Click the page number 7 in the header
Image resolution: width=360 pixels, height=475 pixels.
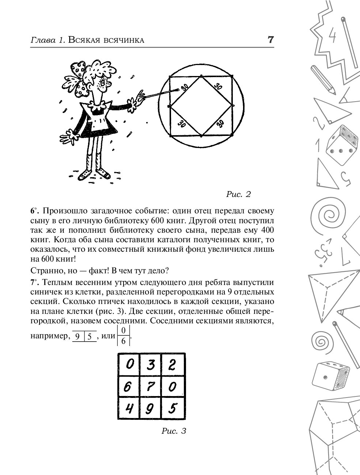tap(270, 40)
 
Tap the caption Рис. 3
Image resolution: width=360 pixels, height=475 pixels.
tap(174, 431)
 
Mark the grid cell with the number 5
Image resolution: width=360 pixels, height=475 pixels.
tap(173, 408)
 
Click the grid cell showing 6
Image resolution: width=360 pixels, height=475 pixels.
tap(128, 387)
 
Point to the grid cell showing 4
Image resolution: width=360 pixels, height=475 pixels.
tap(128, 408)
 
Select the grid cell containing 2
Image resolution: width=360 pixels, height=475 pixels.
tap(173, 364)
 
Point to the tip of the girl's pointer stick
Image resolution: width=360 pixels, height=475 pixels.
tap(178, 89)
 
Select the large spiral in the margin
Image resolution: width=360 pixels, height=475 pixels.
tap(330, 213)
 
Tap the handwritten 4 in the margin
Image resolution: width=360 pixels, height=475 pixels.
tap(333, 37)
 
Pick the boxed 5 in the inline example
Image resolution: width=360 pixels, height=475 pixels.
tap(90, 337)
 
